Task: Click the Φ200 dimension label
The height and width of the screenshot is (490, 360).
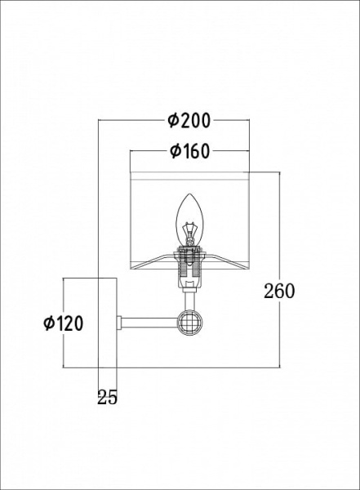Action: pos(189,120)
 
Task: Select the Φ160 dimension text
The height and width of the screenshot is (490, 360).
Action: pos(189,152)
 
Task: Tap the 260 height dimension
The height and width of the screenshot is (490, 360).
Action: pos(279,291)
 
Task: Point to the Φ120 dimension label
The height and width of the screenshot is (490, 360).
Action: pos(64,323)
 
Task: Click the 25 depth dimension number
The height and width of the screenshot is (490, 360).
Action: pos(107,398)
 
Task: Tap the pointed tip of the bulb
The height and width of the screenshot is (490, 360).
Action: pos(189,194)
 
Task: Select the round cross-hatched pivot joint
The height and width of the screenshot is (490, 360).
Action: pos(190,323)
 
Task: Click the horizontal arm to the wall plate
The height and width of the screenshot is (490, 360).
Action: pos(149,323)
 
